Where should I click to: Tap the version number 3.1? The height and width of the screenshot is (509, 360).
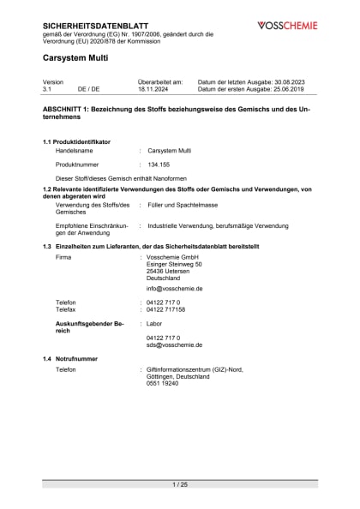[48, 88]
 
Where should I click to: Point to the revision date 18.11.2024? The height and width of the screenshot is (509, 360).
[153, 88]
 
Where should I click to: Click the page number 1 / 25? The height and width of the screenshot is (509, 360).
[180, 485]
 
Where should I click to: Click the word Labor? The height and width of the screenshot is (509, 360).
[155, 324]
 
